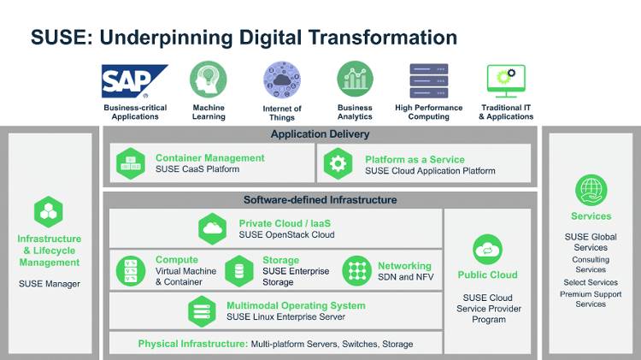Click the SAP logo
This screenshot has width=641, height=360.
click(x=135, y=81)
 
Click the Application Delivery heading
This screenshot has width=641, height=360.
click(x=320, y=134)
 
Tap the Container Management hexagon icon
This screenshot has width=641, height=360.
click(x=131, y=163)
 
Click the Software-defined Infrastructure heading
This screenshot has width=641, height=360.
click(x=320, y=200)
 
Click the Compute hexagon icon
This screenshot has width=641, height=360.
click(x=131, y=269)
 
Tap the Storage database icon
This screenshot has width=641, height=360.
click(x=238, y=270)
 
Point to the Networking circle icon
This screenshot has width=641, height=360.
click(x=356, y=270)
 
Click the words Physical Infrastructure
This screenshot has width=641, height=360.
click(x=192, y=344)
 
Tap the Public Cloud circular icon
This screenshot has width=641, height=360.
click(x=488, y=250)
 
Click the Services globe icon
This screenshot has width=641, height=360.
click(x=591, y=190)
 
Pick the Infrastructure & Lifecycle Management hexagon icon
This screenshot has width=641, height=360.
click(x=49, y=211)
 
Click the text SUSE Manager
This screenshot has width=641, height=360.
click(x=49, y=284)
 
